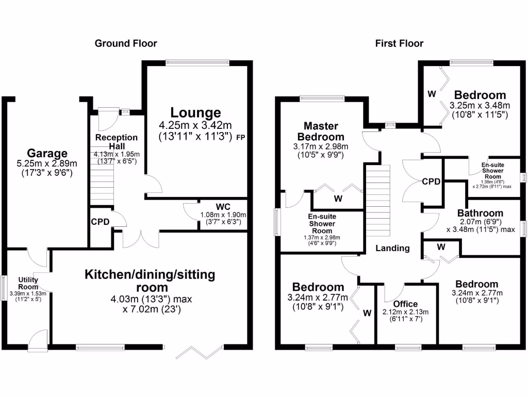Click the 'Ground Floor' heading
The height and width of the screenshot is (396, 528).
126,43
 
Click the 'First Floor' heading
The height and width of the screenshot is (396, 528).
399,43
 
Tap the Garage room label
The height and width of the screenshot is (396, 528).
47,153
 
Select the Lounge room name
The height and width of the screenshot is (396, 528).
196,112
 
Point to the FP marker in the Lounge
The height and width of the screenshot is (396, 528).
241,138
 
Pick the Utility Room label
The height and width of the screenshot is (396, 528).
28,283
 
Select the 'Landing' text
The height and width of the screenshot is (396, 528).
392,248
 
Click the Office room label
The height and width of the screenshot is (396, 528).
405,304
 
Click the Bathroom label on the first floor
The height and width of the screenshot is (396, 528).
480,213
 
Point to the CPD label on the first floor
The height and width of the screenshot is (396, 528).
431,181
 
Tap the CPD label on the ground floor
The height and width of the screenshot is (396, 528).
100,222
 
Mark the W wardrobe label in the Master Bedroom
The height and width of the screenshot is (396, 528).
338,198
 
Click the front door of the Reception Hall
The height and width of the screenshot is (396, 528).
109,119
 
